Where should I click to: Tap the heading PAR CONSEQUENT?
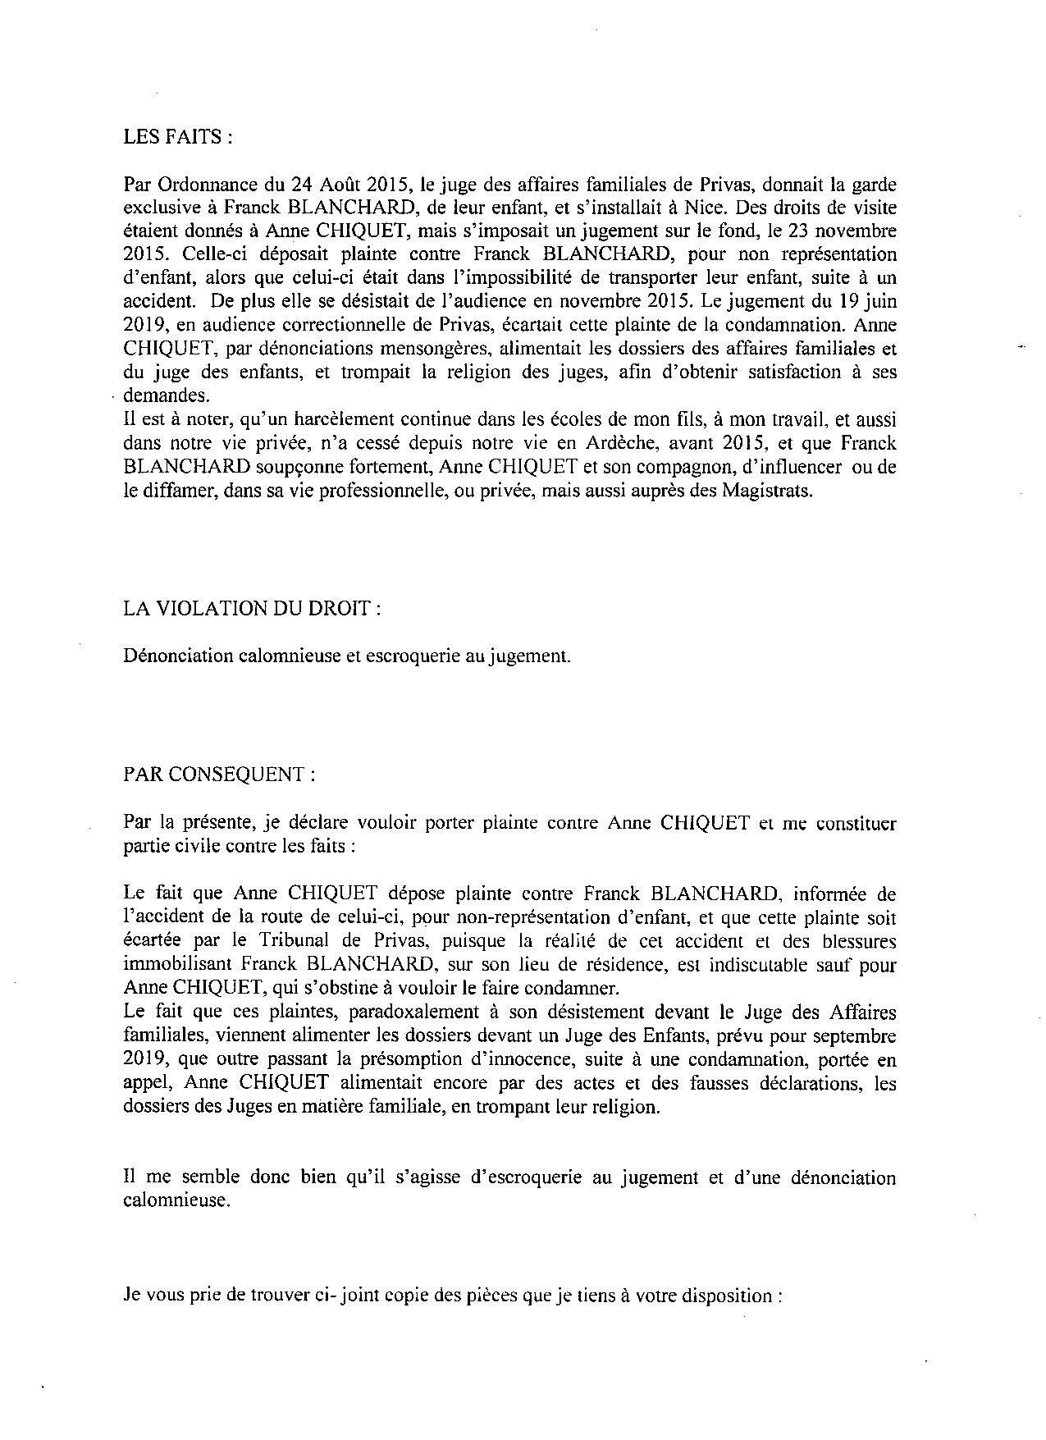(217, 775)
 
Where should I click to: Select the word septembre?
(854, 1035)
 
